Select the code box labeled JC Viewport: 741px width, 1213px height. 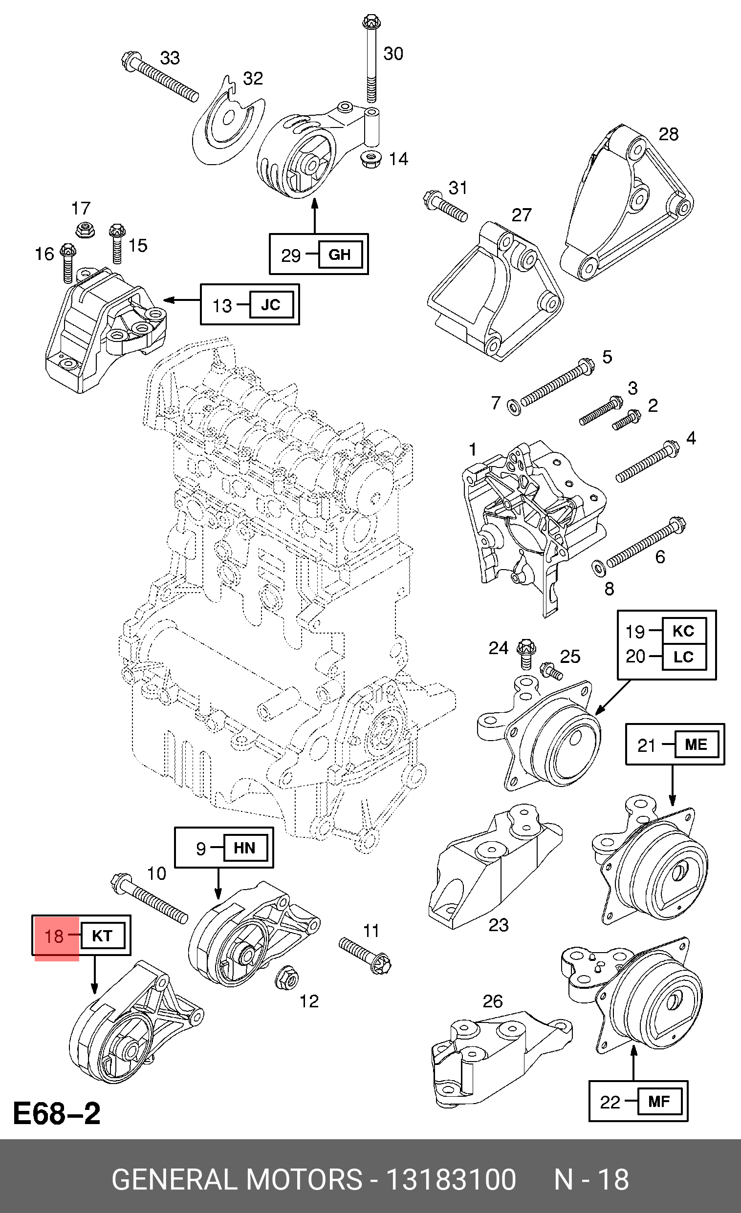(271, 305)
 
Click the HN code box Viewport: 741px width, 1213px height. (245, 848)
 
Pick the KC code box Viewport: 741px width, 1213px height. (684, 631)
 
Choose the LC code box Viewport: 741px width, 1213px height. (684, 657)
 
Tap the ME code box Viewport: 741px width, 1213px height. (696, 745)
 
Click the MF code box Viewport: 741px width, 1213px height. (659, 1101)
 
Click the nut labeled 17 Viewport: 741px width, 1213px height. (85, 230)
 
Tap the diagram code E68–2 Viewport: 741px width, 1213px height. (57, 1113)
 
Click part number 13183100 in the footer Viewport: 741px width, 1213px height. (451, 1179)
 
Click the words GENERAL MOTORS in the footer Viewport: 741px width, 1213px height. (238, 1179)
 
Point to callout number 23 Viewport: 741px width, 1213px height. (498, 924)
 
